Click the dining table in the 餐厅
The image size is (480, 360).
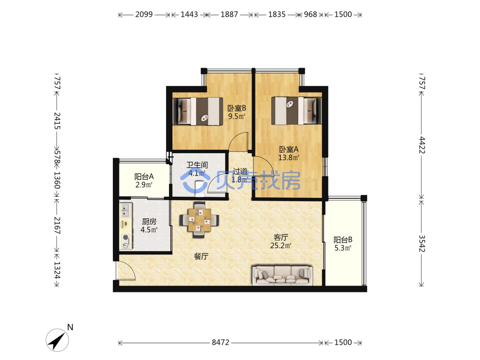199,220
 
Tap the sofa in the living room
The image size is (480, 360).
282,275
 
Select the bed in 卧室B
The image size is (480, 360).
198,111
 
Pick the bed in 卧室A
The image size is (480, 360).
296,111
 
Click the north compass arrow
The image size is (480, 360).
57,340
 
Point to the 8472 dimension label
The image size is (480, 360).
220,342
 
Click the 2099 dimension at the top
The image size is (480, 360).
144,14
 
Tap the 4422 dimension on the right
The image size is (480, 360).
422,145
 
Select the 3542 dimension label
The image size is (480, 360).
422,243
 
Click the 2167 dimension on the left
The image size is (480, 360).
57,225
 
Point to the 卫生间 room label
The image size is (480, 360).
197,165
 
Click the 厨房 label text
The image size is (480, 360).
149,221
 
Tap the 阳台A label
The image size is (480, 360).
144,177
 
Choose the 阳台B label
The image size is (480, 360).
343,240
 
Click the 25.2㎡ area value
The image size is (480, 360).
281,245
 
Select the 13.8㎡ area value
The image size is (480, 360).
288,157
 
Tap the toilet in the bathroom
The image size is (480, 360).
199,187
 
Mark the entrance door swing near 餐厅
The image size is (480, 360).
126,271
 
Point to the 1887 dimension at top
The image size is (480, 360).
229,14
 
